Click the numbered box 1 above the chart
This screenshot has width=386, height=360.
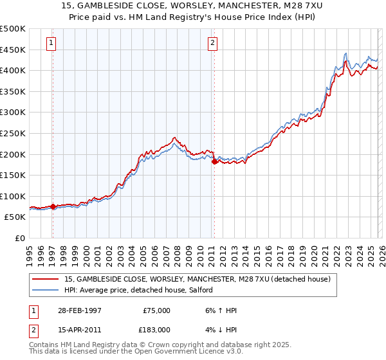[x=51, y=44]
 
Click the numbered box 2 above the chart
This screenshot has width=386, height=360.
[x=212, y=44]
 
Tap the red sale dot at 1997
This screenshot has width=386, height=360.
[x=53, y=207]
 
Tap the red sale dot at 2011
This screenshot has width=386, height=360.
[x=214, y=162]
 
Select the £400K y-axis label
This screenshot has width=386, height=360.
[x=13, y=70]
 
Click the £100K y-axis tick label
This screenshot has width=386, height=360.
[x=13, y=196]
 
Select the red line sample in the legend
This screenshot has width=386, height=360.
[x=45, y=280]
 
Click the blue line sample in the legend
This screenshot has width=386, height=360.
[x=45, y=291]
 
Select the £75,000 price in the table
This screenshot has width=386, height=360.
[x=156, y=310]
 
